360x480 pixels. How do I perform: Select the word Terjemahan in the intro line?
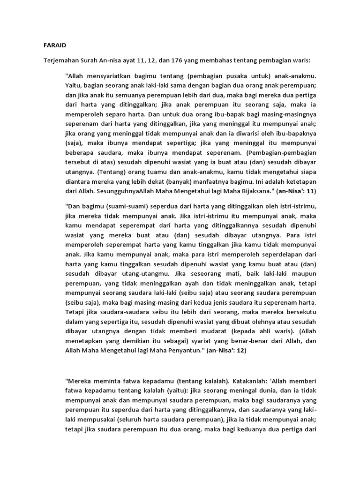(60, 61)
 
